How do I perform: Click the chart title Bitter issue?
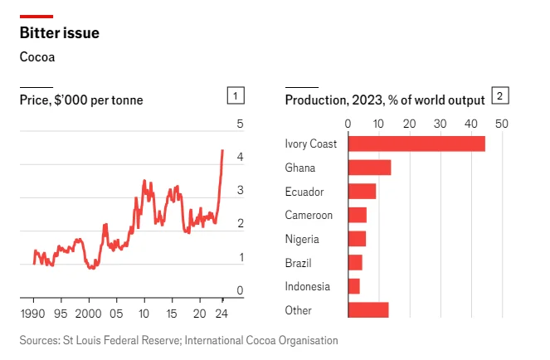(60, 33)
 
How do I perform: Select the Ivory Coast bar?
(416, 144)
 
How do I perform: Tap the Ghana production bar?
(369, 168)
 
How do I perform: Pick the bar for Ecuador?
(362, 192)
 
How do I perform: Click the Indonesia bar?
(353, 286)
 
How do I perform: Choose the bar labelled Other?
(368, 310)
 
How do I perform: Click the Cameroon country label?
(309, 216)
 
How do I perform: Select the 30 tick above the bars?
(440, 124)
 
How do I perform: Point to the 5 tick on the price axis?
(240, 124)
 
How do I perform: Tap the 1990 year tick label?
(33, 314)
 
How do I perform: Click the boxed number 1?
(236, 96)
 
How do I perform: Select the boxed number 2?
(500, 96)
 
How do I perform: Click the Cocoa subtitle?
(37, 57)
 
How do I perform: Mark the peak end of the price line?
(222, 150)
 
